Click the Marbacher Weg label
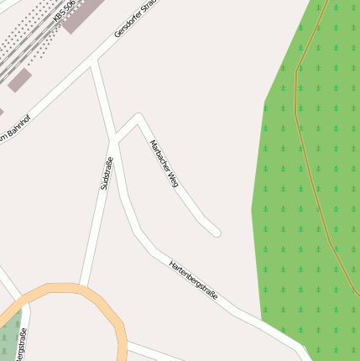164,162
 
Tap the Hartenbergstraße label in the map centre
193,280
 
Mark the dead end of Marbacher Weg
217,232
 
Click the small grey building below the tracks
20,81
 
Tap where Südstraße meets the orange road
81,287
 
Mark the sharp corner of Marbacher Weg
138,116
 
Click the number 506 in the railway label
70,8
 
